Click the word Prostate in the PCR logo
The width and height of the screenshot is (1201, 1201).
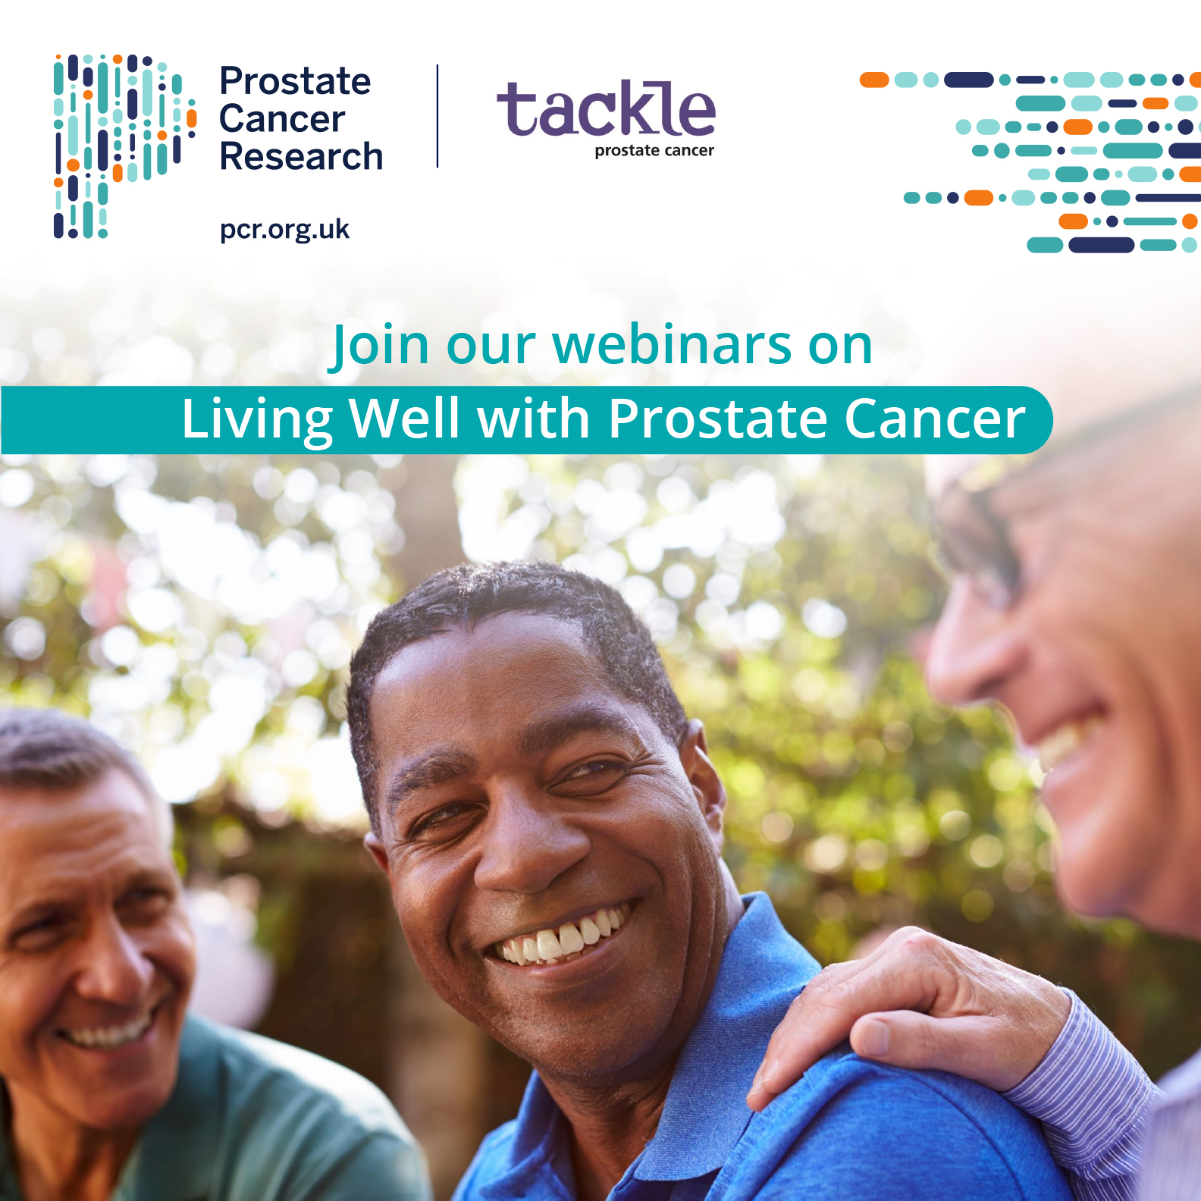tap(295, 81)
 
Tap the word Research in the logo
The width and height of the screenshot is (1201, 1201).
tap(301, 157)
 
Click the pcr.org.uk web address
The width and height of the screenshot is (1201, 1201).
tap(284, 229)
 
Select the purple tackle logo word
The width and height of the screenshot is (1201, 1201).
tap(606, 110)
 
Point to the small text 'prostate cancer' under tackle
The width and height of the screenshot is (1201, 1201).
tap(654, 151)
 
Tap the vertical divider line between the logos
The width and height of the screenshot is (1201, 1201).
tap(437, 116)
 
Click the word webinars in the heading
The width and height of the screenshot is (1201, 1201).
tap(672, 346)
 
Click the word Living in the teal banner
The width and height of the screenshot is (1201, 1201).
tap(257, 419)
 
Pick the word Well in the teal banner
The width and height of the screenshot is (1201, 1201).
tap(404, 419)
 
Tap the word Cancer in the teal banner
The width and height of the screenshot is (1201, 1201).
tap(934, 419)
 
